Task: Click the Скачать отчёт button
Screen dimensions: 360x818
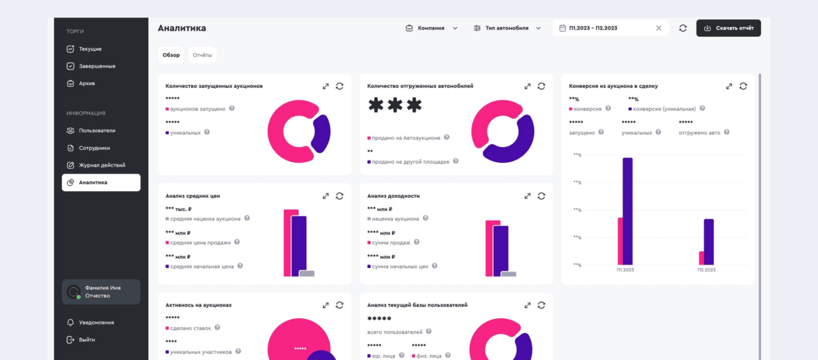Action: click(x=728, y=28)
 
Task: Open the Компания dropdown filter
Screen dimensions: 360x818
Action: click(x=432, y=28)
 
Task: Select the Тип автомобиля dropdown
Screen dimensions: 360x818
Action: click(x=507, y=28)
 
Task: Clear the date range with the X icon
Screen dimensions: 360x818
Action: click(x=659, y=28)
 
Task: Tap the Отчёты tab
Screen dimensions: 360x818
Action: click(x=202, y=55)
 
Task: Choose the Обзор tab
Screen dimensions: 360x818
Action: click(x=171, y=55)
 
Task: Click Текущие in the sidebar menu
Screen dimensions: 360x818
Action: click(x=90, y=49)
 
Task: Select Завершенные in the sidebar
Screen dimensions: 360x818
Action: click(x=96, y=66)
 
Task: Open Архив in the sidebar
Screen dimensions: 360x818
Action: click(x=87, y=83)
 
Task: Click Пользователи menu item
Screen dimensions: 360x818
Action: click(x=96, y=131)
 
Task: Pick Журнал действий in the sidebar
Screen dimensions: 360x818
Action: click(x=101, y=165)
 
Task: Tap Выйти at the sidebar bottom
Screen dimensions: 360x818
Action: click(x=87, y=340)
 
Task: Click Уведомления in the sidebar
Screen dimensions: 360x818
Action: click(x=96, y=323)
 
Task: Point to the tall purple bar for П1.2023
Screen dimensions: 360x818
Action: click(x=628, y=211)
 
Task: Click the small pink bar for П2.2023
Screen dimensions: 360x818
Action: click(x=701, y=258)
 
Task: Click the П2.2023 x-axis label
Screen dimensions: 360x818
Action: click(x=706, y=270)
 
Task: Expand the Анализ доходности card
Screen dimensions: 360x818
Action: click(x=527, y=196)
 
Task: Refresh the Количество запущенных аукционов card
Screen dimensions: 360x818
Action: click(x=339, y=86)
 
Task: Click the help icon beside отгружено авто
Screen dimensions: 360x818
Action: click(x=726, y=132)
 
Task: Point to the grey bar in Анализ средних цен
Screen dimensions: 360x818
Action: click(x=307, y=273)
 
